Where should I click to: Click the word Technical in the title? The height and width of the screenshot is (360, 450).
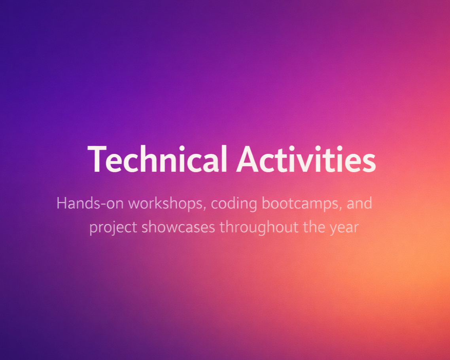point(157,159)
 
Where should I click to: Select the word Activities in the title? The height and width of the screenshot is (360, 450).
point(306,159)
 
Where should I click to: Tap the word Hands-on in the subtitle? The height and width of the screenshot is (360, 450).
point(90,203)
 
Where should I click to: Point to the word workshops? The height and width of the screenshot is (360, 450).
point(167,203)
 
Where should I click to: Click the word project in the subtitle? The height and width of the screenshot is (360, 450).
point(113,227)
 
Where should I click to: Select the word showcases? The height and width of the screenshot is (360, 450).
point(178,227)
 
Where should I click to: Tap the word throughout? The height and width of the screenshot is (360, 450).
point(259,227)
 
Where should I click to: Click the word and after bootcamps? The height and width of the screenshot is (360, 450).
point(359,203)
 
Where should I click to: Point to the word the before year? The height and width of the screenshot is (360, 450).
point(314,227)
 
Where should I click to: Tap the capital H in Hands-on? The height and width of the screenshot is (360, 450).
point(62,203)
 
